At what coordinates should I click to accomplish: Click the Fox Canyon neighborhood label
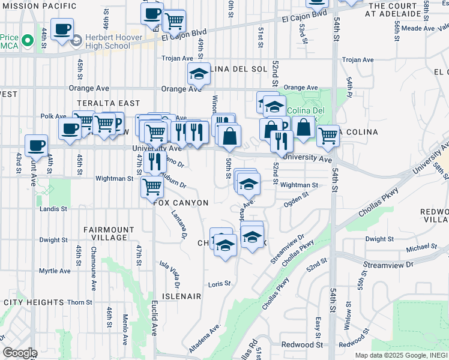181,203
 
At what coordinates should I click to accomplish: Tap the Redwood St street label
303,344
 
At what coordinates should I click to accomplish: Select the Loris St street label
220,284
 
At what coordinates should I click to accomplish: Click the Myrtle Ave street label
55,271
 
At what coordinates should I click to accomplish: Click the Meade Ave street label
418,28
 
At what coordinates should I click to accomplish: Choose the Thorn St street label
79,302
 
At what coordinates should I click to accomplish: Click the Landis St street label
54,209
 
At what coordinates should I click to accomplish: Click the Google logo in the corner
20,353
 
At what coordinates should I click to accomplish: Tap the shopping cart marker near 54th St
328,136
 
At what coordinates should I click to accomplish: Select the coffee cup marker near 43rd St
36,145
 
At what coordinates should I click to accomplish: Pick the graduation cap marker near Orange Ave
199,74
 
